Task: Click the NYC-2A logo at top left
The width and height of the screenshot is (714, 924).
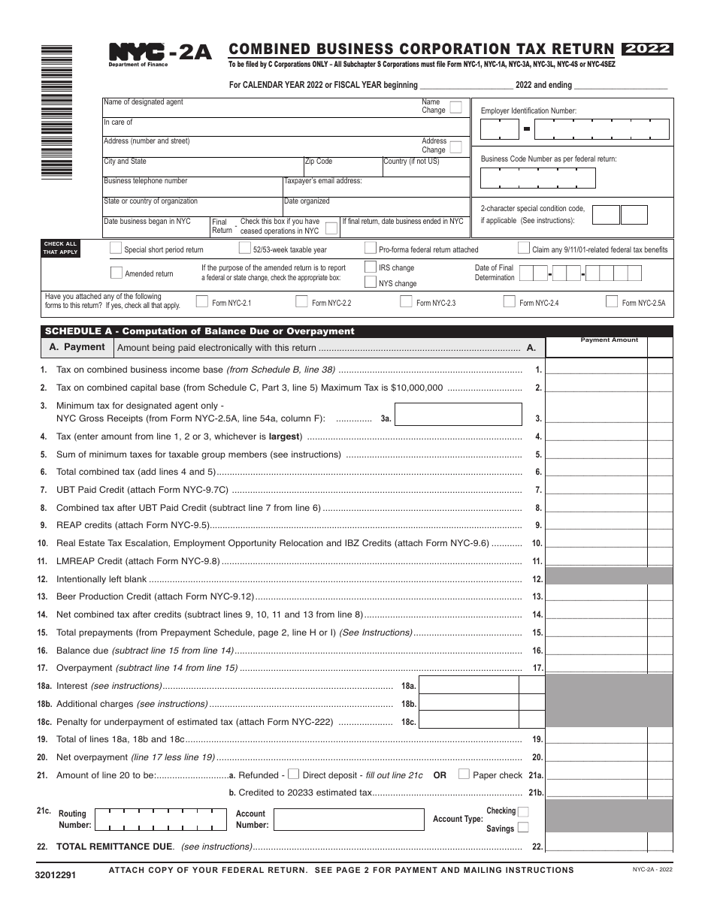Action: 160,53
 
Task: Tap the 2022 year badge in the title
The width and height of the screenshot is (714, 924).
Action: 647,50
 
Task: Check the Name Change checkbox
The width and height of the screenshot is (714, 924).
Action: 455,107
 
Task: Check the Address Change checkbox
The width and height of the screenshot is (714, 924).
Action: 455,146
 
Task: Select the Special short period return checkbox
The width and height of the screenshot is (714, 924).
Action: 116,249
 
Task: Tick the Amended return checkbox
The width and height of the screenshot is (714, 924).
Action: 116,273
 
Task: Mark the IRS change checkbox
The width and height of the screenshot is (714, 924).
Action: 371,267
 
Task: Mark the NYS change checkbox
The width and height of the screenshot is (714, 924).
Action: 371,282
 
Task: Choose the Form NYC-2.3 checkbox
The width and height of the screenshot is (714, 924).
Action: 406,302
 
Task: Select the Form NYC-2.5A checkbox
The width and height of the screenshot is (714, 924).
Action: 612,302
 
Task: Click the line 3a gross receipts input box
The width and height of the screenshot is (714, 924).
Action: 458,415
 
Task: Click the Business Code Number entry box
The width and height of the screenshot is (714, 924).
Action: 537,178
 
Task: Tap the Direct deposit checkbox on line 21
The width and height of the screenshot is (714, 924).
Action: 294,775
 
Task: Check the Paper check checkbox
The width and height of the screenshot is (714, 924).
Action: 464,775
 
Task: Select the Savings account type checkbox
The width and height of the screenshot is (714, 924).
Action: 523,828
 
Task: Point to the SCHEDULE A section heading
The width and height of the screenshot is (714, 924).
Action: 199,331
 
